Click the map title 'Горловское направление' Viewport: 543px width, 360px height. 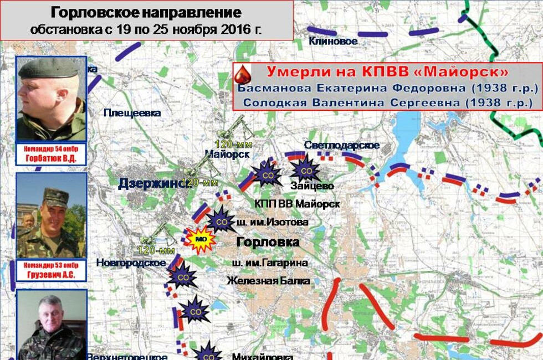[x=146, y=13]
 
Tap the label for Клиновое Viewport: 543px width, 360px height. [x=333, y=40]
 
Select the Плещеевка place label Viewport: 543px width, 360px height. [x=132, y=113]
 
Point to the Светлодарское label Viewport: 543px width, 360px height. [x=342, y=145]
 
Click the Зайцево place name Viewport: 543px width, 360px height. [x=312, y=186]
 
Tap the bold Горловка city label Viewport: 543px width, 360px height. [x=268, y=242]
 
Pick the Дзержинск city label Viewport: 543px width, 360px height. [x=152, y=184]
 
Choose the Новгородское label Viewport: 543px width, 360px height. [x=131, y=263]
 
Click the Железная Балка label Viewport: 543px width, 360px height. [x=268, y=281]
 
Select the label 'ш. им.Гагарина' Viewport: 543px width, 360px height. [x=272, y=263]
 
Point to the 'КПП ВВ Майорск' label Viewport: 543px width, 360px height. [x=297, y=204]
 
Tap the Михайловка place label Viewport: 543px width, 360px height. [x=262, y=356]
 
